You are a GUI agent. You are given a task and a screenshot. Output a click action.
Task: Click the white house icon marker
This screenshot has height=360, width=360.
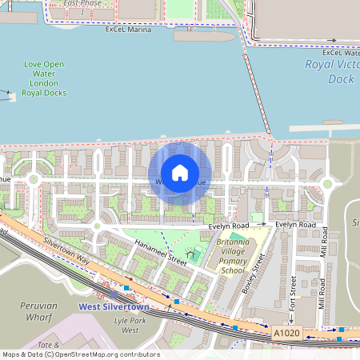(x=180, y=173)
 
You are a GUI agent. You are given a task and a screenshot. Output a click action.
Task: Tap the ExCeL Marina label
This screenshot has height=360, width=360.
(x=127, y=30)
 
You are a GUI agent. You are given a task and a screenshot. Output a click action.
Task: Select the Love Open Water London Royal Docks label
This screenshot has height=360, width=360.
(x=45, y=78)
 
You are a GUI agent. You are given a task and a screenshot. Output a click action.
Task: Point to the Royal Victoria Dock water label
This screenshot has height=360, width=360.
(x=331, y=72)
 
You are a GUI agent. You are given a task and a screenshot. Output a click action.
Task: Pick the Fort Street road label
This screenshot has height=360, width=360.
(x=294, y=293)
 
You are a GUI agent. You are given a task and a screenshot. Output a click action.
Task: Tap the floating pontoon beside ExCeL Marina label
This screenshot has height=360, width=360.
(x=204, y=36)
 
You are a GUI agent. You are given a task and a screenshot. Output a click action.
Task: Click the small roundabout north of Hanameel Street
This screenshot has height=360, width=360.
(x=97, y=226)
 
